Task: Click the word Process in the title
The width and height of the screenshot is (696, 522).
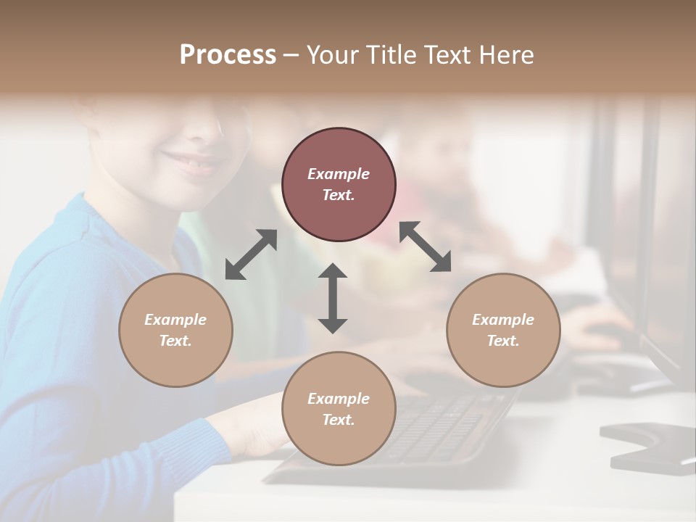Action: [x=228, y=55]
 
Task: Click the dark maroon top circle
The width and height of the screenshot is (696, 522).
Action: [x=339, y=184]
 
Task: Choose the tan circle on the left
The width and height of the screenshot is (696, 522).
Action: [x=175, y=330]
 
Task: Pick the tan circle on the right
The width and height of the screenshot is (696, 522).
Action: [x=503, y=330]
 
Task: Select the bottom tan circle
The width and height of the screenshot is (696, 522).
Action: [x=339, y=408]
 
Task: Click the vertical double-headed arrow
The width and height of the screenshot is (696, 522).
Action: [x=333, y=298]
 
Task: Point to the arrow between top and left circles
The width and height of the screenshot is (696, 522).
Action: [x=251, y=254]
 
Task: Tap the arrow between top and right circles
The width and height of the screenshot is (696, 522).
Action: [x=425, y=247]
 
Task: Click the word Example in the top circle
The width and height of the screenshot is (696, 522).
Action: [x=339, y=174]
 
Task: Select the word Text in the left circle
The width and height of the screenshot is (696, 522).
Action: [x=175, y=341]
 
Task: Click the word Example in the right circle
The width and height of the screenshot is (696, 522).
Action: [x=503, y=320]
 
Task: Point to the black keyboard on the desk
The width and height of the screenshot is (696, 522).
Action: [x=435, y=428]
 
